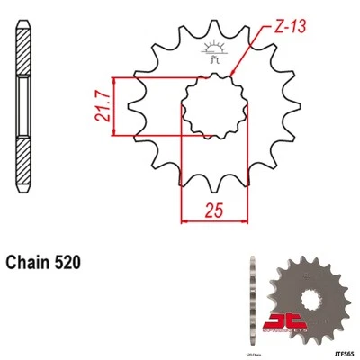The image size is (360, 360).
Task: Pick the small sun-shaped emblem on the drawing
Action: tap(214, 50)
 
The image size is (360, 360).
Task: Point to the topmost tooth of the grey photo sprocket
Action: tap(301, 258)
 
